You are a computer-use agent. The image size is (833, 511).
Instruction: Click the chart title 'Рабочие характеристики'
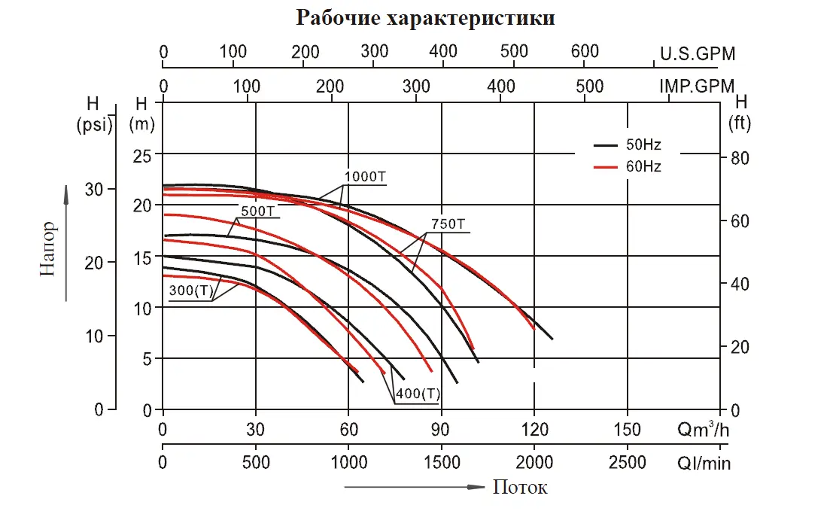(x=425, y=18)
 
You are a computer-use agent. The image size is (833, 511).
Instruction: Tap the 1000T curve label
(x=365, y=178)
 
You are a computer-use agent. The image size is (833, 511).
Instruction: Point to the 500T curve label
(x=257, y=211)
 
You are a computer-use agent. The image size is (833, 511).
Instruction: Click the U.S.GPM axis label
(x=698, y=54)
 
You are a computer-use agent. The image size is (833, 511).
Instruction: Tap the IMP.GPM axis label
(x=697, y=86)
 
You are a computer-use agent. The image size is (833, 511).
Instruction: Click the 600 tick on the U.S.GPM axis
(x=585, y=52)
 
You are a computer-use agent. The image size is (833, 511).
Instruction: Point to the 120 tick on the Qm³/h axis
(x=534, y=430)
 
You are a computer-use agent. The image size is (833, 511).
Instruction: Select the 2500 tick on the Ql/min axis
(x=628, y=461)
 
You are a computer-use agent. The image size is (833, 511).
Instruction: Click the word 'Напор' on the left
(x=49, y=248)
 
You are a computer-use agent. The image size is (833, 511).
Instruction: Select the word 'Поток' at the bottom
(x=520, y=488)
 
